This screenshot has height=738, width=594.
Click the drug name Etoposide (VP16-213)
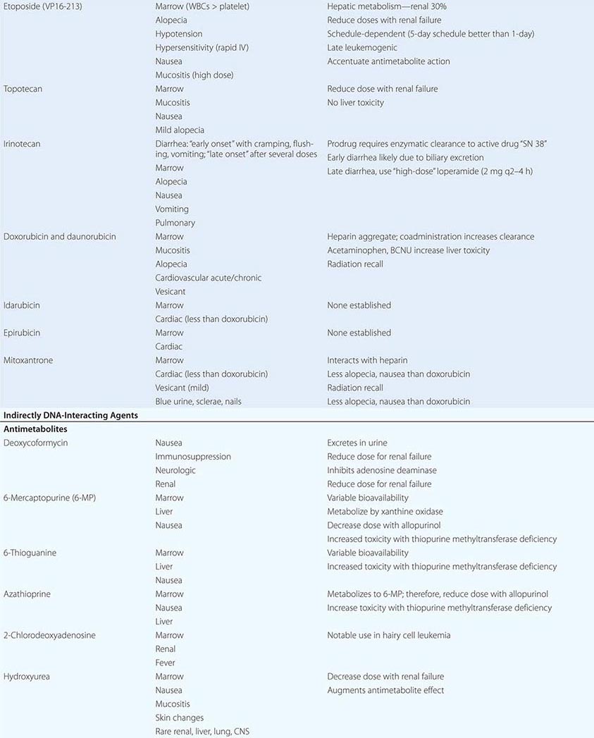(x=47, y=6)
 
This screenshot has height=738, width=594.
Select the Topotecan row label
(x=23, y=89)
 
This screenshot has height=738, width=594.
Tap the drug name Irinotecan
(x=22, y=144)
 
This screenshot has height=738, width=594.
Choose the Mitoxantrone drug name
(x=28, y=360)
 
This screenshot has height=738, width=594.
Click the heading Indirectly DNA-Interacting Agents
(x=70, y=415)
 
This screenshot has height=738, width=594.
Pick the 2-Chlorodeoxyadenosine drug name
(x=49, y=635)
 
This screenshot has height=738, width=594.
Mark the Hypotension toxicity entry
(x=179, y=34)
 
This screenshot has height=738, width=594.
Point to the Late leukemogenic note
(x=362, y=48)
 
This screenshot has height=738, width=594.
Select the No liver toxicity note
(x=356, y=103)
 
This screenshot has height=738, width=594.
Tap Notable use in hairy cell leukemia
(x=388, y=635)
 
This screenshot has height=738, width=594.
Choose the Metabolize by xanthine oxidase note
(x=385, y=512)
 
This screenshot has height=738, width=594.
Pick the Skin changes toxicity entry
(x=180, y=718)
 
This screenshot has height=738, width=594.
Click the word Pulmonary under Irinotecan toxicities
(x=175, y=223)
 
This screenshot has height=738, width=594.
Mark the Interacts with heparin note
(x=367, y=360)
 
